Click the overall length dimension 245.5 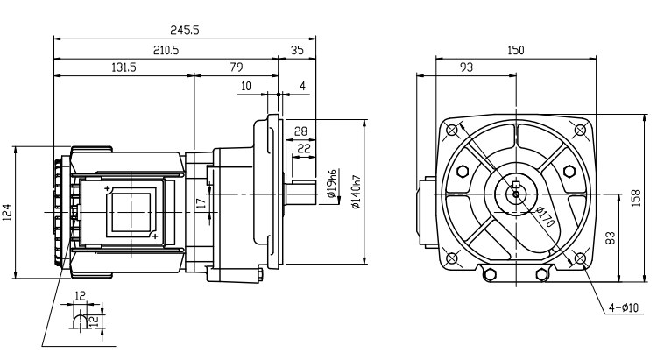pyautogui.click(x=185, y=30)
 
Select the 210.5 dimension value pyautogui.click(x=166, y=50)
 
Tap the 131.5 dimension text pyautogui.click(x=124, y=67)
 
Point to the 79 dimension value pyautogui.click(x=236, y=67)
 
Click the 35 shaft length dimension pyautogui.click(x=297, y=50)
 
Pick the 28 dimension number pyautogui.click(x=300, y=131)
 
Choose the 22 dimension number pyautogui.click(x=304, y=148)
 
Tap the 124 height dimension pyautogui.click(x=8, y=212)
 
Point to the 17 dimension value pyautogui.click(x=201, y=202)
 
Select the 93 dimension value pyautogui.click(x=467, y=67)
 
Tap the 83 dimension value pyautogui.click(x=608, y=236)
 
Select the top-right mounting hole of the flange pyautogui.click(x=580, y=130)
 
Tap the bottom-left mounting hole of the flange pyautogui.click(x=451, y=258)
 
